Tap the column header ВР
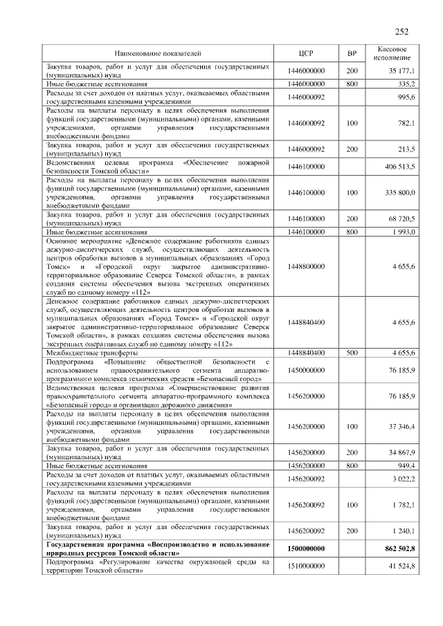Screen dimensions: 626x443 [352, 53]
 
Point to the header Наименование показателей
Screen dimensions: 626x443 [158, 53]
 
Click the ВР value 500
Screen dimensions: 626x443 [352, 352]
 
